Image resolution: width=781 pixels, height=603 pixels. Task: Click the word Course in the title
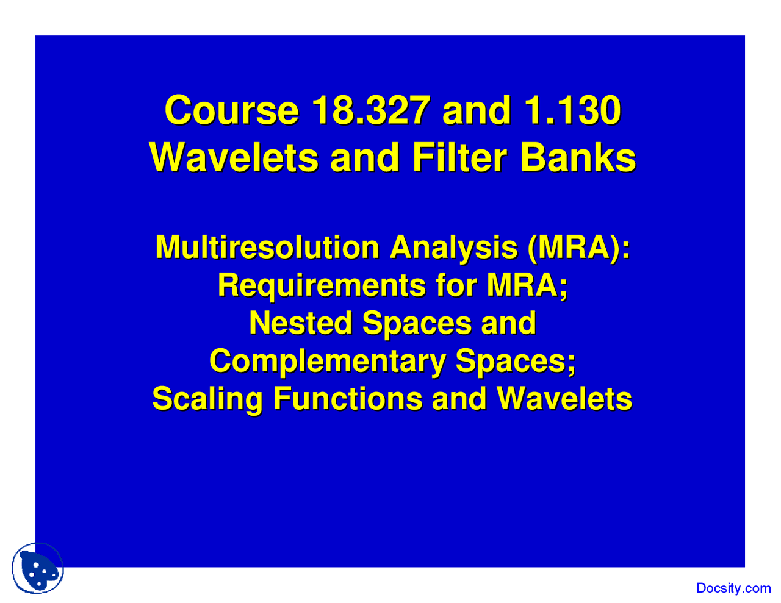click(232, 110)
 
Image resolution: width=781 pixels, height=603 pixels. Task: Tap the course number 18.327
click(371, 110)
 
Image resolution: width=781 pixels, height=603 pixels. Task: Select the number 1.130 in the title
click(573, 110)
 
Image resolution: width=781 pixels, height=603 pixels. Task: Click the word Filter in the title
click(459, 158)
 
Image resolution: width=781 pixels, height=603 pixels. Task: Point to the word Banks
click(578, 158)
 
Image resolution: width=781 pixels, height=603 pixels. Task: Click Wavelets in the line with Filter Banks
click(234, 158)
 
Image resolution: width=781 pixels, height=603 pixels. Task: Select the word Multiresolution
click(267, 247)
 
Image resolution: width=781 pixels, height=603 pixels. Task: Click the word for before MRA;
click(456, 285)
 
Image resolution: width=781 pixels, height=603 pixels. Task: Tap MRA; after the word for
click(527, 286)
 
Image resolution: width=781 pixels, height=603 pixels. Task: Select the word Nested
click(300, 323)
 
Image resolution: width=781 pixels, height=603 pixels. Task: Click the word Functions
click(348, 398)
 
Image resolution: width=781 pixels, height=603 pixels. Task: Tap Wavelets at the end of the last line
click(564, 398)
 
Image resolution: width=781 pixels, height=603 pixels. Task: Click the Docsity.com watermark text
click(733, 588)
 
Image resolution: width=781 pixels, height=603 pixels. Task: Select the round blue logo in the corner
click(38, 568)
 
